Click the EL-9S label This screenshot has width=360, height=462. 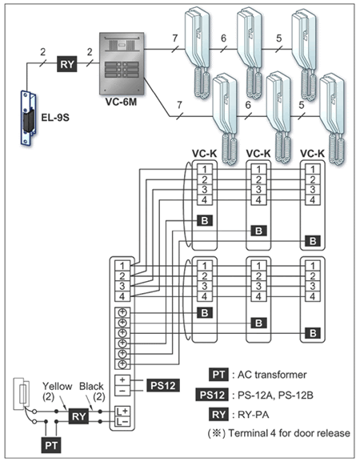[55, 118]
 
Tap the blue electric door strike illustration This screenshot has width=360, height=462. [28, 118]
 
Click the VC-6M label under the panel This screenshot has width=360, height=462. [121, 102]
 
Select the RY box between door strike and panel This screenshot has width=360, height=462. [67, 63]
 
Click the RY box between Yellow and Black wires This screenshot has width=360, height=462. [78, 416]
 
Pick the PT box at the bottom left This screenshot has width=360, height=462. [51, 445]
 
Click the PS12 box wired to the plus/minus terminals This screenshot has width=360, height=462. [162, 385]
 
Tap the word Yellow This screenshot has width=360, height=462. [57, 386]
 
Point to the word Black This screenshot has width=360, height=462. [91, 386]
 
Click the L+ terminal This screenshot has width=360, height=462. [122, 411]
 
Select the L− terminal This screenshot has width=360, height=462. [122, 422]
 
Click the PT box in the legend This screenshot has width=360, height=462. [218, 375]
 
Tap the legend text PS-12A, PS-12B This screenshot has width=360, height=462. [275, 395]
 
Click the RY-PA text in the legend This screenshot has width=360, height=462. [253, 415]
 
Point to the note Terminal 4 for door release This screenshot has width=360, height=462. [289, 433]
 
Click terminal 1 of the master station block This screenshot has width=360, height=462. [122, 266]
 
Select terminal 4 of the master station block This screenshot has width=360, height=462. [122, 296]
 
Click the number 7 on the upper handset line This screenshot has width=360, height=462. [175, 38]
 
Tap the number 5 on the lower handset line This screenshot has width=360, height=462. [302, 105]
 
